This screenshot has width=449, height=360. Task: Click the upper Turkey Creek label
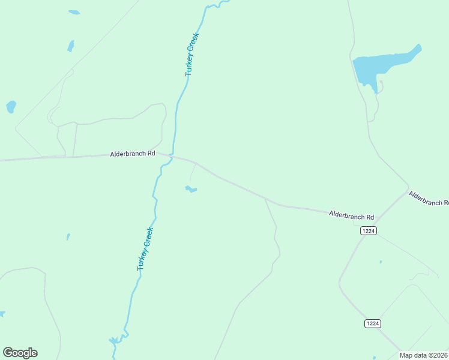[191, 54]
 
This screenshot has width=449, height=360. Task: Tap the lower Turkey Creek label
[145, 248]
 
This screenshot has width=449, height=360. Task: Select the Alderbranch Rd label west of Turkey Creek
[133, 154]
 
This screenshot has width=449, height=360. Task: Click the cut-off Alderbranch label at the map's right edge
[429, 198]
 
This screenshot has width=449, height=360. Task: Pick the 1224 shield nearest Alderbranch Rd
[369, 231]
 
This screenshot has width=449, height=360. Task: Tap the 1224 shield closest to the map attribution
[372, 323]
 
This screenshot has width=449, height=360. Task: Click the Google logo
[20, 353]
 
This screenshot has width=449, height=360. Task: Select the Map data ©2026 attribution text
[424, 355]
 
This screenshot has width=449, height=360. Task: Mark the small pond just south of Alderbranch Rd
[191, 190]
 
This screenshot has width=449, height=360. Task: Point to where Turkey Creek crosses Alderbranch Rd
[173, 156]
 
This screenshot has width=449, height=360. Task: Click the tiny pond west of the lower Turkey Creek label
[68, 237]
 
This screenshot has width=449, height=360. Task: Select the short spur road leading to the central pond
[193, 173]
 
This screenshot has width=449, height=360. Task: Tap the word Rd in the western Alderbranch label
[150, 154]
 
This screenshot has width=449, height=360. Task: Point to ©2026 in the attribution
[436, 355]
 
